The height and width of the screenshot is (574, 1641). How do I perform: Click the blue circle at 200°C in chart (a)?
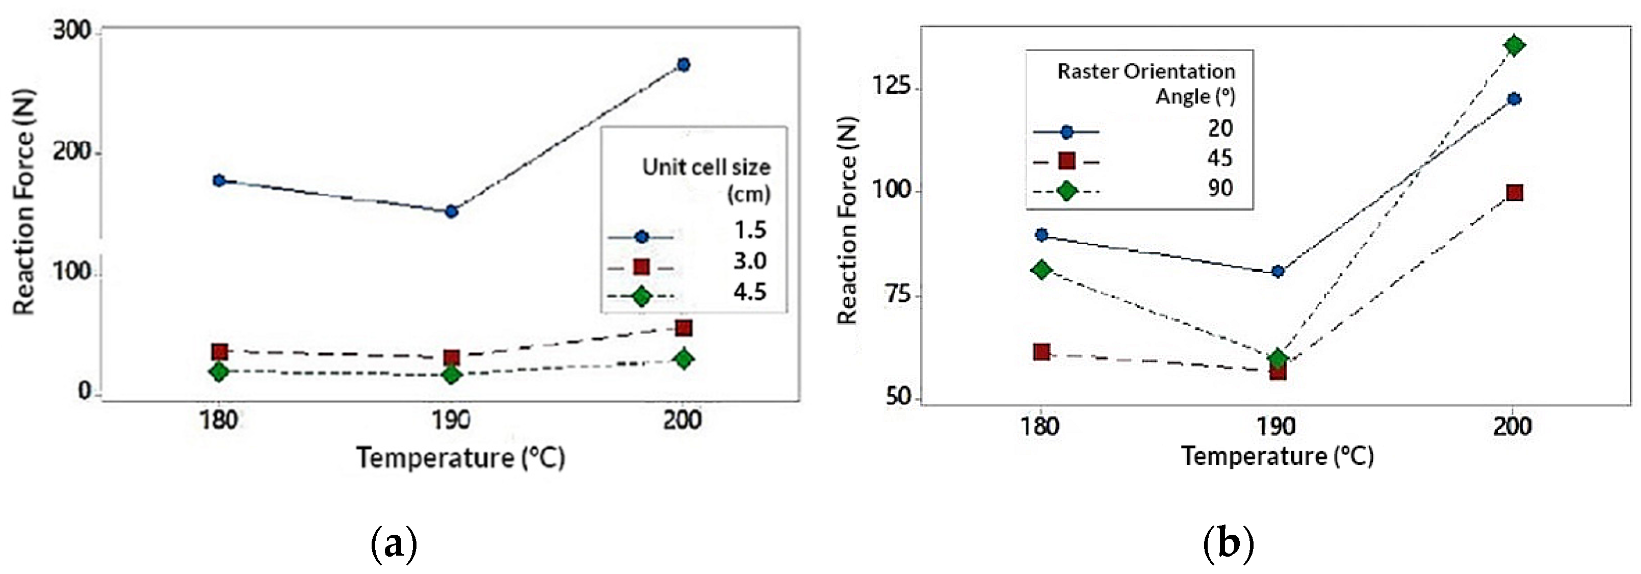683,64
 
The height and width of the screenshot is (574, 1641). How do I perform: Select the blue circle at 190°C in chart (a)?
451,211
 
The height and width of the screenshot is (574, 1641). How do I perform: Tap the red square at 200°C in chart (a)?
683,328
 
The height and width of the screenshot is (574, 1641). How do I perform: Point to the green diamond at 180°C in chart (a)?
219,372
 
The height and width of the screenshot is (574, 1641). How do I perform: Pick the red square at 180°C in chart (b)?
1041,352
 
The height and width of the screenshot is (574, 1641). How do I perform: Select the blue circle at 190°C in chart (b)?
1277,271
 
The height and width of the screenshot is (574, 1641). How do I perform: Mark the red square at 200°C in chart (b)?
1514,192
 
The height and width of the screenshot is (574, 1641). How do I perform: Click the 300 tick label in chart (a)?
71,30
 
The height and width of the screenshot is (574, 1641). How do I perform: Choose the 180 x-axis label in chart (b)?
1040,425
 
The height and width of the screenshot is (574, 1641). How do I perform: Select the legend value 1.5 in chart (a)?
750,230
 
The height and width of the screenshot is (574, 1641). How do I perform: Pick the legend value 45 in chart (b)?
1219,158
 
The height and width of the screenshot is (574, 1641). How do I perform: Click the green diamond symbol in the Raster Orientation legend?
1066,190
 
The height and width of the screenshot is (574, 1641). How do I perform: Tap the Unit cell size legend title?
706,179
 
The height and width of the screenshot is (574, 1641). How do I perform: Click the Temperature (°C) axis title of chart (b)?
1277,456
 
